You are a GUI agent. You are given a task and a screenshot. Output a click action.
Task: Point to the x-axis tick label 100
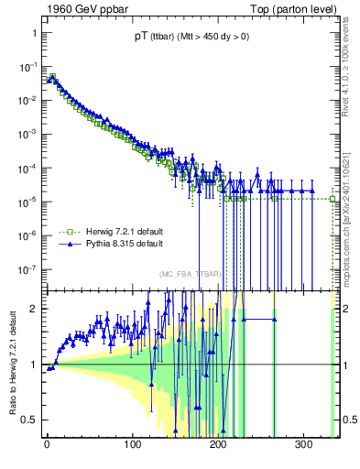point(133,443)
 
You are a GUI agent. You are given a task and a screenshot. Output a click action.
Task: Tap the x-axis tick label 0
point(47,443)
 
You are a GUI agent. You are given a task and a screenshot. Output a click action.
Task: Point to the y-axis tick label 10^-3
point(27,134)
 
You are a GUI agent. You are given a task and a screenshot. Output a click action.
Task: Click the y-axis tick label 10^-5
point(27,202)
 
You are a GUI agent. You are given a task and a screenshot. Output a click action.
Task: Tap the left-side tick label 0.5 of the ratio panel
point(30,420)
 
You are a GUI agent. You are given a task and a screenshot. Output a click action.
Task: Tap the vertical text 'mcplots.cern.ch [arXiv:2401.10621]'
point(352,211)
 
